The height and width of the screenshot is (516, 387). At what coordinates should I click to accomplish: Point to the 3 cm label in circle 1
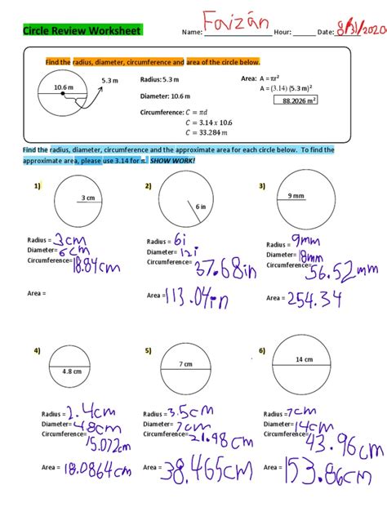pos(87,198)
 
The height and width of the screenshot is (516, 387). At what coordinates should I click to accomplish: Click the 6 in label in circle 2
pos(200,207)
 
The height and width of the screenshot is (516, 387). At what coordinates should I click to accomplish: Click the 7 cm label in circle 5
pos(187,363)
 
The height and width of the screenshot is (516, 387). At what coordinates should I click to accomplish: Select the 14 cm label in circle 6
pos(304,359)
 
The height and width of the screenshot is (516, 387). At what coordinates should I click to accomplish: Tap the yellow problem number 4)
pos(38,350)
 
